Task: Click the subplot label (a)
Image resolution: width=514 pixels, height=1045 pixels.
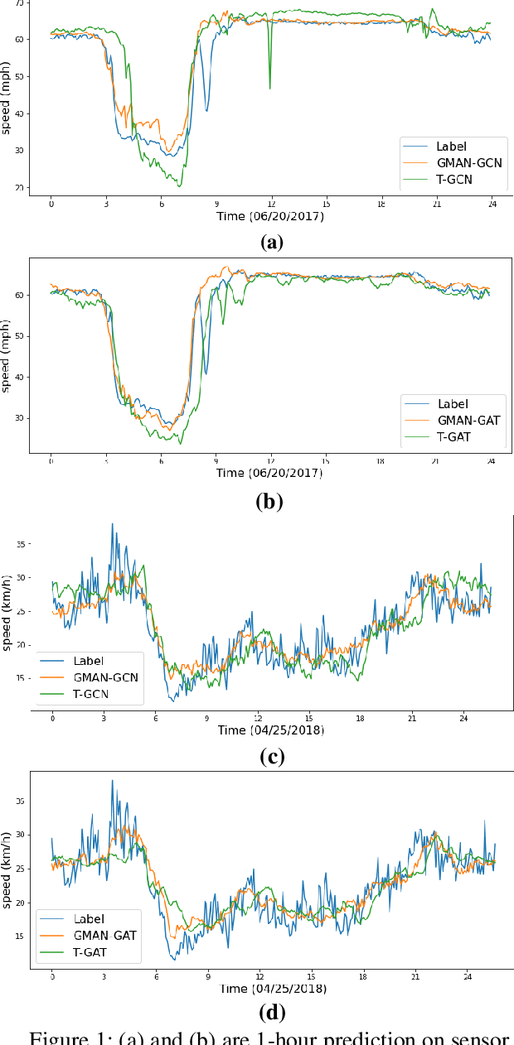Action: click(x=271, y=242)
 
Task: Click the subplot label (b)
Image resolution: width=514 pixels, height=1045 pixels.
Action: click(x=271, y=501)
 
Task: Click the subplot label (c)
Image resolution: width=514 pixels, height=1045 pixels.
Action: click(x=271, y=757)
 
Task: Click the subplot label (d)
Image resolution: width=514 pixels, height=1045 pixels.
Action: click(x=271, y=1012)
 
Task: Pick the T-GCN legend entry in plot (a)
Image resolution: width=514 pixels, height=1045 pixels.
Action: click(x=454, y=179)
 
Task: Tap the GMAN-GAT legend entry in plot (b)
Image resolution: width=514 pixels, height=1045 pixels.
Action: click(x=468, y=420)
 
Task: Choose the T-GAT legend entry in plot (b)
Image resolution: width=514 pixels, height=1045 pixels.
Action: click(x=453, y=436)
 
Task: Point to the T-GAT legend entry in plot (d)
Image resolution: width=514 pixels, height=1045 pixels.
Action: click(x=94, y=952)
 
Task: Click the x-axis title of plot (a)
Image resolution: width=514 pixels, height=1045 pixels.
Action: click(x=271, y=217)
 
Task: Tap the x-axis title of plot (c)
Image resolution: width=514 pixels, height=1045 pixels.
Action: click(x=271, y=730)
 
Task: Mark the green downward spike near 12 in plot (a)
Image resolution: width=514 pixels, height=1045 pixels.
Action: click(x=269, y=87)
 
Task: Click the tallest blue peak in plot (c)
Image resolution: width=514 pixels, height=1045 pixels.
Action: click(x=112, y=524)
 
